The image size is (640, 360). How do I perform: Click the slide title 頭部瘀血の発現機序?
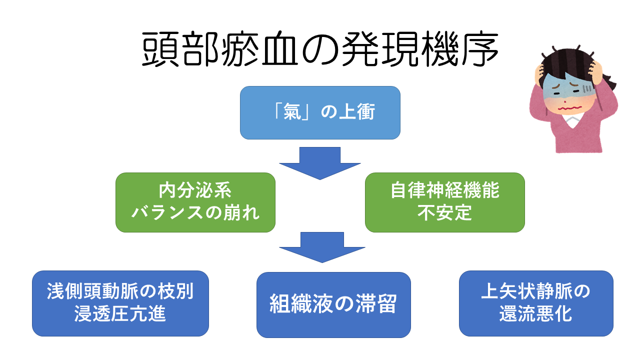coord(320,50)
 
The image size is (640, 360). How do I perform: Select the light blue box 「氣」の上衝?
coord(320,112)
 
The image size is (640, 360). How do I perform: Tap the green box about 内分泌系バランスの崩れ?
coord(195,202)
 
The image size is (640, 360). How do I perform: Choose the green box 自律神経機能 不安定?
coord(444,202)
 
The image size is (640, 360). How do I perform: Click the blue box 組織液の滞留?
coord(333,304)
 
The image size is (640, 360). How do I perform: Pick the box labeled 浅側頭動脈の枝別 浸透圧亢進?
coord(120,303)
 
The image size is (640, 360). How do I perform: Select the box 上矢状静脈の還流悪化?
coord(536,303)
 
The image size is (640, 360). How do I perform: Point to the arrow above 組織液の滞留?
coord(320,246)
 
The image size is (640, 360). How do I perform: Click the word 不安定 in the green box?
coord(444,213)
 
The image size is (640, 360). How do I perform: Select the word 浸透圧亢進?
coord(120,315)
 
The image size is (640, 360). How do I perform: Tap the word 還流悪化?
coord(536,315)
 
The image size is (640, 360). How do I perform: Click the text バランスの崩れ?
coord(195,213)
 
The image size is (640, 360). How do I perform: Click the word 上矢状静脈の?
coord(536,291)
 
